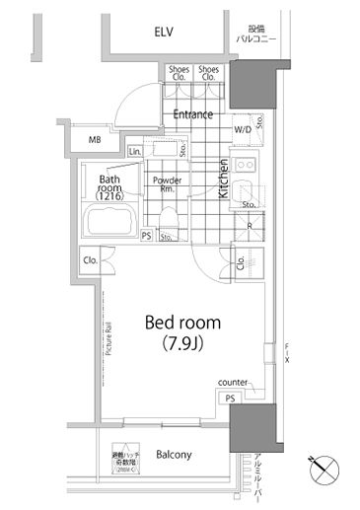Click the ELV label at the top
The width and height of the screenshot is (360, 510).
tap(163, 33)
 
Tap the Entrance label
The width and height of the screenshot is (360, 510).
tap(192, 114)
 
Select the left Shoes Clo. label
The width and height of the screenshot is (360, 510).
tap(179, 73)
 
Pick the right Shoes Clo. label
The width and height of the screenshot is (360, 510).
tap(209, 73)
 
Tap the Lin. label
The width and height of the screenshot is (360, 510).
tap(134, 151)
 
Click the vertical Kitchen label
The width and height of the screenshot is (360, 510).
tap(224, 180)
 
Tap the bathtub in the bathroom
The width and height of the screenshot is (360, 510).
tap(111, 224)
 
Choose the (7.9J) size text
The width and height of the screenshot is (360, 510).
tap(182, 345)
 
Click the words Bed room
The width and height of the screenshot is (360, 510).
tap(182, 323)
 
